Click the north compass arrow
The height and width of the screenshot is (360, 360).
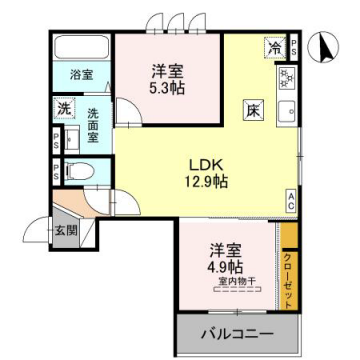click(x=323, y=45)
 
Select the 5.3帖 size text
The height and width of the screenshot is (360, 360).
click(x=167, y=88)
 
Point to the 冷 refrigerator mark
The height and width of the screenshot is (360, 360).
click(x=273, y=47)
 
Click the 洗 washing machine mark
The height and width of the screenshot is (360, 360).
click(x=63, y=107)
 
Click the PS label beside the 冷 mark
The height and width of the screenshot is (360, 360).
click(x=293, y=46)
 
